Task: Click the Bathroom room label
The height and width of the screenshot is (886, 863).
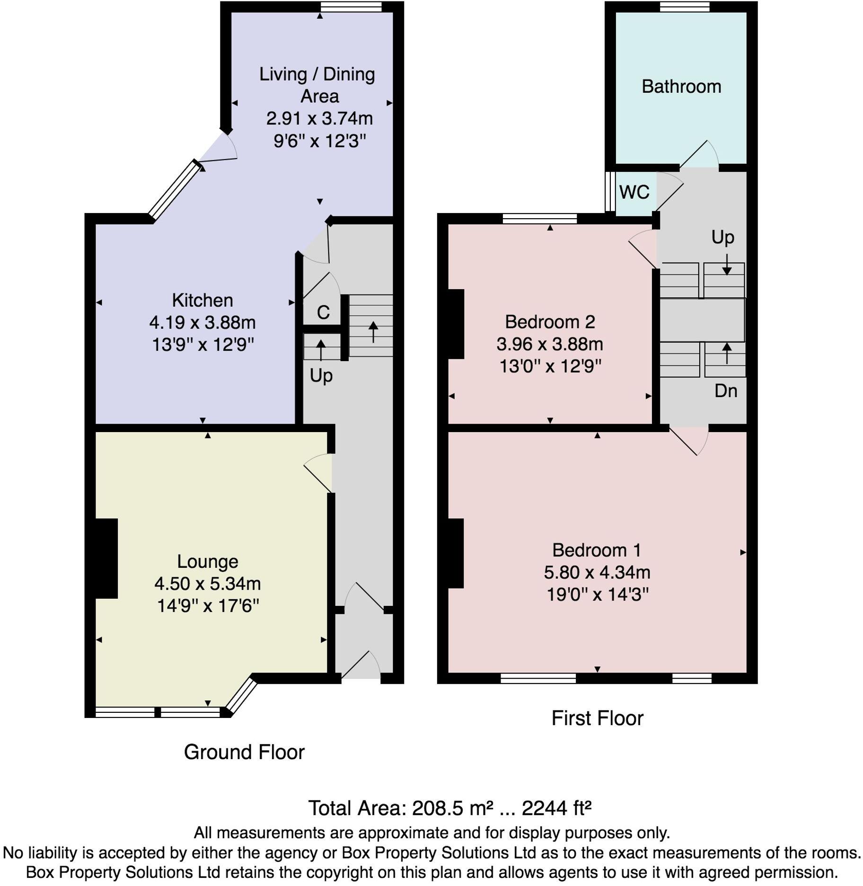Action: coord(681,87)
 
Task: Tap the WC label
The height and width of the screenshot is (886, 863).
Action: coord(634,192)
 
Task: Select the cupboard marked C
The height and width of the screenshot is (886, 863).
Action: coord(323,312)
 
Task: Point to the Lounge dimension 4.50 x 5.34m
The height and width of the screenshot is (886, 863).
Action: coord(208,584)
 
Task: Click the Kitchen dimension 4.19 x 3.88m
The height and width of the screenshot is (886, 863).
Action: coord(203,323)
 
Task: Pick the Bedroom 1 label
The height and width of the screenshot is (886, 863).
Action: coord(597,550)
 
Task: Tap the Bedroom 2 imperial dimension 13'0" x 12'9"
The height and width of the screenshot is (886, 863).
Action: coord(550,366)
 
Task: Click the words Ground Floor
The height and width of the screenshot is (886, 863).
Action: coord(244,752)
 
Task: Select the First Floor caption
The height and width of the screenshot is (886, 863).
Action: coord(598,718)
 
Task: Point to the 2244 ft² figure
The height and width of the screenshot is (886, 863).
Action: coord(556,808)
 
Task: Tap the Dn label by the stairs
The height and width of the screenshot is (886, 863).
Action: coord(726,391)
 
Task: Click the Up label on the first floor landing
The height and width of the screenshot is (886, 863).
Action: coord(723,238)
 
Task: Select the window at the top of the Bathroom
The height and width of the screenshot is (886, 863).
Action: coord(685,7)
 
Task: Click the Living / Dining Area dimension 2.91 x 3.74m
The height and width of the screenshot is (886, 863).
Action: coord(320,118)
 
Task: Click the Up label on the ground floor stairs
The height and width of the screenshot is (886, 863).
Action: coord(321,376)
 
